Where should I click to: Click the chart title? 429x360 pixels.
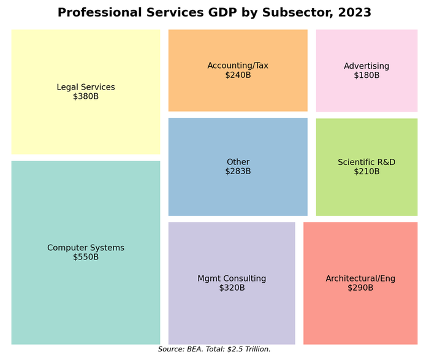pyautogui.click(x=214, y=13)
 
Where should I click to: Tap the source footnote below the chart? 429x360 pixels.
pyautogui.click(x=214, y=349)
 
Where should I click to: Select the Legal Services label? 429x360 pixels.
pyautogui.click(x=86, y=87)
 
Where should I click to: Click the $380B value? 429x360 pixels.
pyautogui.click(x=86, y=96)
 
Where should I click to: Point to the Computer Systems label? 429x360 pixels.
pyautogui.click(x=86, y=248)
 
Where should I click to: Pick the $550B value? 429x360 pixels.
pyautogui.click(x=86, y=257)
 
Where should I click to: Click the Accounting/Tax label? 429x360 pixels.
pyautogui.click(x=238, y=66)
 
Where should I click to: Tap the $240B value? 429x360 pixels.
pyautogui.click(x=238, y=75)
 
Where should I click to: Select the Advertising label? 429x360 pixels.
pyautogui.click(x=366, y=66)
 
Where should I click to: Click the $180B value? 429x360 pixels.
pyautogui.click(x=366, y=75)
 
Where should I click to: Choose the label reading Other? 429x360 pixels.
pyautogui.click(x=238, y=162)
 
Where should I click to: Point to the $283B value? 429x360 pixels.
pyautogui.click(x=238, y=171)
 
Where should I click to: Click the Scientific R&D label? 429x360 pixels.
pyautogui.click(x=366, y=162)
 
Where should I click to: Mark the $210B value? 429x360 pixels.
pyautogui.click(x=366, y=171)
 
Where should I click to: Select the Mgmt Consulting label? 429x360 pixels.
pyautogui.click(x=232, y=278)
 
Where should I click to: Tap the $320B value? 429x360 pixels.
pyautogui.click(x=232, y=288)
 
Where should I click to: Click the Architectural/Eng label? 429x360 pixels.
pyautogui.click(x=360, y=278)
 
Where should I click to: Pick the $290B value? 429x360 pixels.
pyautogui.click(x=360, y=288)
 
